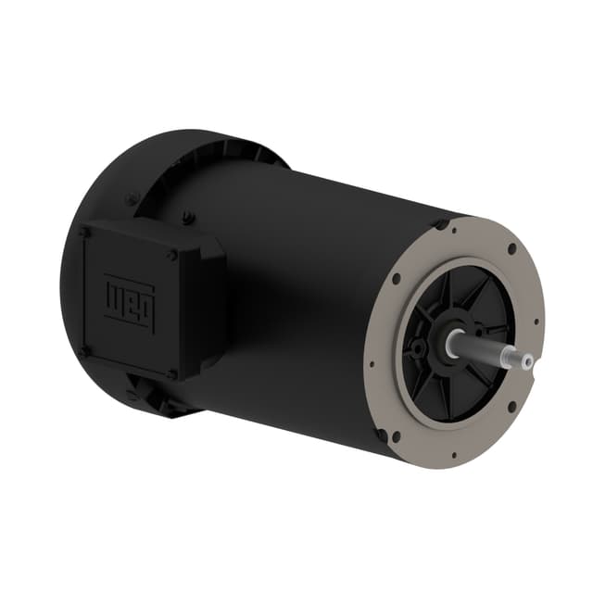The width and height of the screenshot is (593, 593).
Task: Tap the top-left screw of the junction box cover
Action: [x=86, y=231]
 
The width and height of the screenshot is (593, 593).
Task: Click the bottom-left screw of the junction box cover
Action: [x=84, y=350]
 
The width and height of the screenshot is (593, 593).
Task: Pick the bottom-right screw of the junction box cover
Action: [x=172, y=373]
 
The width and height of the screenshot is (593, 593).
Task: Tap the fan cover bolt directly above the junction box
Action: [x=190, y=218]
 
